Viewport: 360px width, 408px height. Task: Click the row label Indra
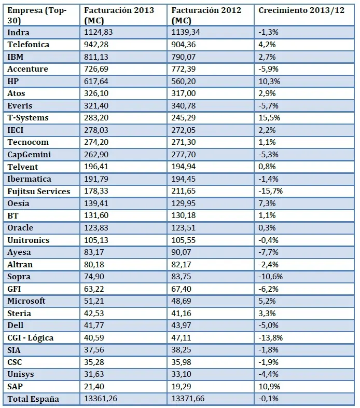pyautogui.click(x=19, y=32)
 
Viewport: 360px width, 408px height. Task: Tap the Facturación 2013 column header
pyautogui.click(x=119, y=15)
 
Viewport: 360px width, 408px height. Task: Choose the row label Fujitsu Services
pyautogui.click(x=39, y=192)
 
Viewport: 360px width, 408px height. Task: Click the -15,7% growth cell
pyautogui.click(x=270, y=192)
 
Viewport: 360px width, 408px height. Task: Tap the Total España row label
pyautogui.click(x=33, y=399)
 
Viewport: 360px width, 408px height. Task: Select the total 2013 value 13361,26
pyautogui.click(x=102, y=399)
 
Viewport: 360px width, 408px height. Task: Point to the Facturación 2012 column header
pyautogui.click(x=206, y=15)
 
